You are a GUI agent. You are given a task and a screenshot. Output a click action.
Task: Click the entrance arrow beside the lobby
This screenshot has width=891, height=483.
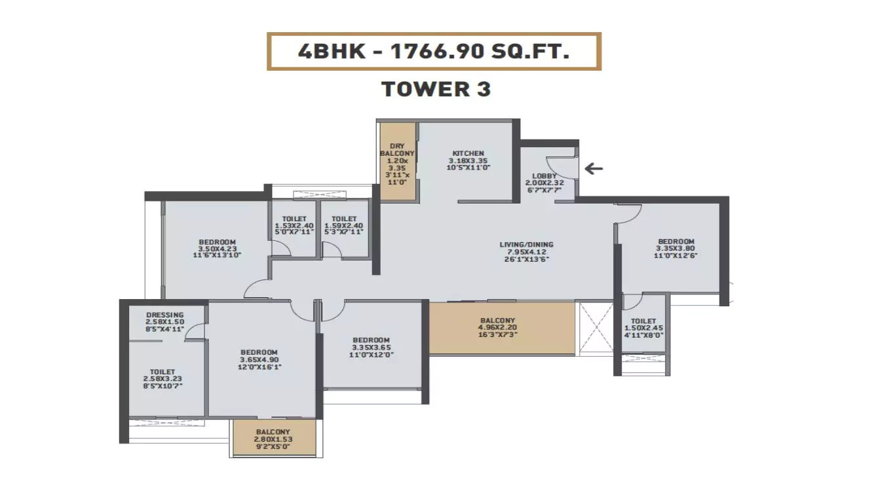click(594, 169)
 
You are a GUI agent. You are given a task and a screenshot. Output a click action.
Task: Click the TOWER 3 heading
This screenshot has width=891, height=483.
click(436, 89)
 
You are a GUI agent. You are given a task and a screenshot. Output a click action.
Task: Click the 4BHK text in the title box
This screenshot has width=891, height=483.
click(332, 52)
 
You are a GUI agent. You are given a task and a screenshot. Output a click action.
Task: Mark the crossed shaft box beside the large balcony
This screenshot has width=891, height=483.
click(596, 329)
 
